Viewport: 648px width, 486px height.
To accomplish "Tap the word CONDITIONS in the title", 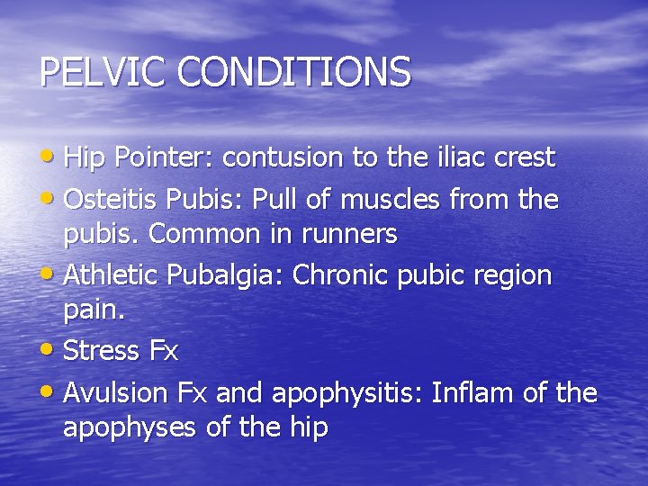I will [x=294, y=72].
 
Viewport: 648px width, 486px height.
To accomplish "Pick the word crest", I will [x=523, y=157].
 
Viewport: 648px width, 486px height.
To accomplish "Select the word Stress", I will [x=102, y=351].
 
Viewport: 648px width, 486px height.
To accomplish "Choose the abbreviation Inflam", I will [x=471, y=393].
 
